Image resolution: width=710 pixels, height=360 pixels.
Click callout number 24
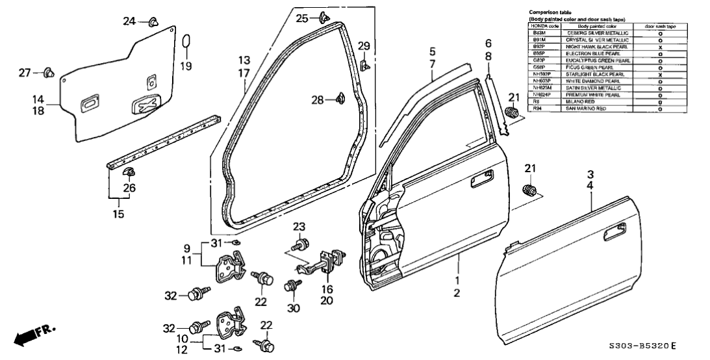(129, 22)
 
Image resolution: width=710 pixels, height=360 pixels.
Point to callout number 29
(364, 45)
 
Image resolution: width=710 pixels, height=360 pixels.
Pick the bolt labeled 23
(301, 246)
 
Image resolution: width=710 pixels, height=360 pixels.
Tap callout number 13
(244, 60)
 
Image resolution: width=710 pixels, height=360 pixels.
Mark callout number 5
(432, 50)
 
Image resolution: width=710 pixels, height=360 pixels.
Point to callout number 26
(129, 188)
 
